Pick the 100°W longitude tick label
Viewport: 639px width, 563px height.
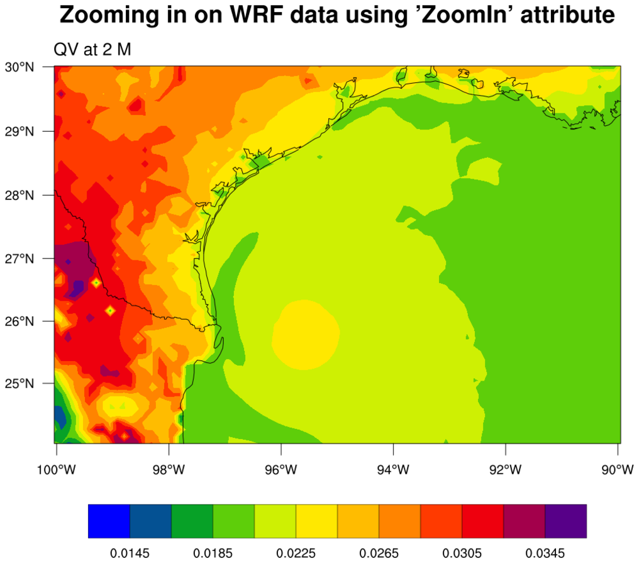(56, 470)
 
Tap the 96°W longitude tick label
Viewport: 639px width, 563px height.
(281, 470)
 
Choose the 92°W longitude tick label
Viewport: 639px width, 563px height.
(506, 470)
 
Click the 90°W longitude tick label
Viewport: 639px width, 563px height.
(618, 470)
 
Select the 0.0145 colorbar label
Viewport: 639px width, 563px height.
(130, 553)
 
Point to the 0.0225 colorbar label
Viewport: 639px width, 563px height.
(296, 553)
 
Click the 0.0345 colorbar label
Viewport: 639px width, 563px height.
(545, 553)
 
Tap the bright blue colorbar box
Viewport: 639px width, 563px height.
(109, 521)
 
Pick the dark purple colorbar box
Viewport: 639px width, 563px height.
(565, 521)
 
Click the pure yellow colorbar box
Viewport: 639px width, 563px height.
(316, 521)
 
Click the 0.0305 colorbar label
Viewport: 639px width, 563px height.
(462, 553)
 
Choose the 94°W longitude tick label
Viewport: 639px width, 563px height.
(393, 470)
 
